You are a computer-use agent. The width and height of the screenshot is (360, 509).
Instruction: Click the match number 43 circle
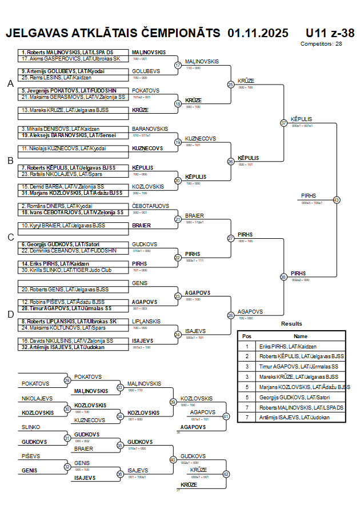pos(337,200)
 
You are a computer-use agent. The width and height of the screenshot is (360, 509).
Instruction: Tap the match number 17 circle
pos(178,65)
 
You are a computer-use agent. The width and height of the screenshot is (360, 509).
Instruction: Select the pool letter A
pos(10,84)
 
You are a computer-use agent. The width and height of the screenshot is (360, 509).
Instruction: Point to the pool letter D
pos(10,314)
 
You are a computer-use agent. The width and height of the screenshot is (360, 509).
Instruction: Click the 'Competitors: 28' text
pos(321,43)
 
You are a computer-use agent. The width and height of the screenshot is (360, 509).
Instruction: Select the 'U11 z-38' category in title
pos(330,33)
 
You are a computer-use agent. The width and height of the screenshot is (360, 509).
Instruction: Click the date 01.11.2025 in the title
pos(258,33)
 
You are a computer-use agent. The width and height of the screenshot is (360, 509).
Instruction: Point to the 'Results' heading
pos(291,324)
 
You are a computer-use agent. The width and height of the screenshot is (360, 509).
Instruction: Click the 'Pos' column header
pos(247,336)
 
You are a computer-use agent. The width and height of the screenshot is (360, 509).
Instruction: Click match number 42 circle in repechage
pos(226,474)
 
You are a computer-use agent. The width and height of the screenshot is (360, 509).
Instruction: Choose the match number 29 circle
pos(67,380)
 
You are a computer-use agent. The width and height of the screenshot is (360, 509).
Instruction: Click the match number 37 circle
pos(283,123)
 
